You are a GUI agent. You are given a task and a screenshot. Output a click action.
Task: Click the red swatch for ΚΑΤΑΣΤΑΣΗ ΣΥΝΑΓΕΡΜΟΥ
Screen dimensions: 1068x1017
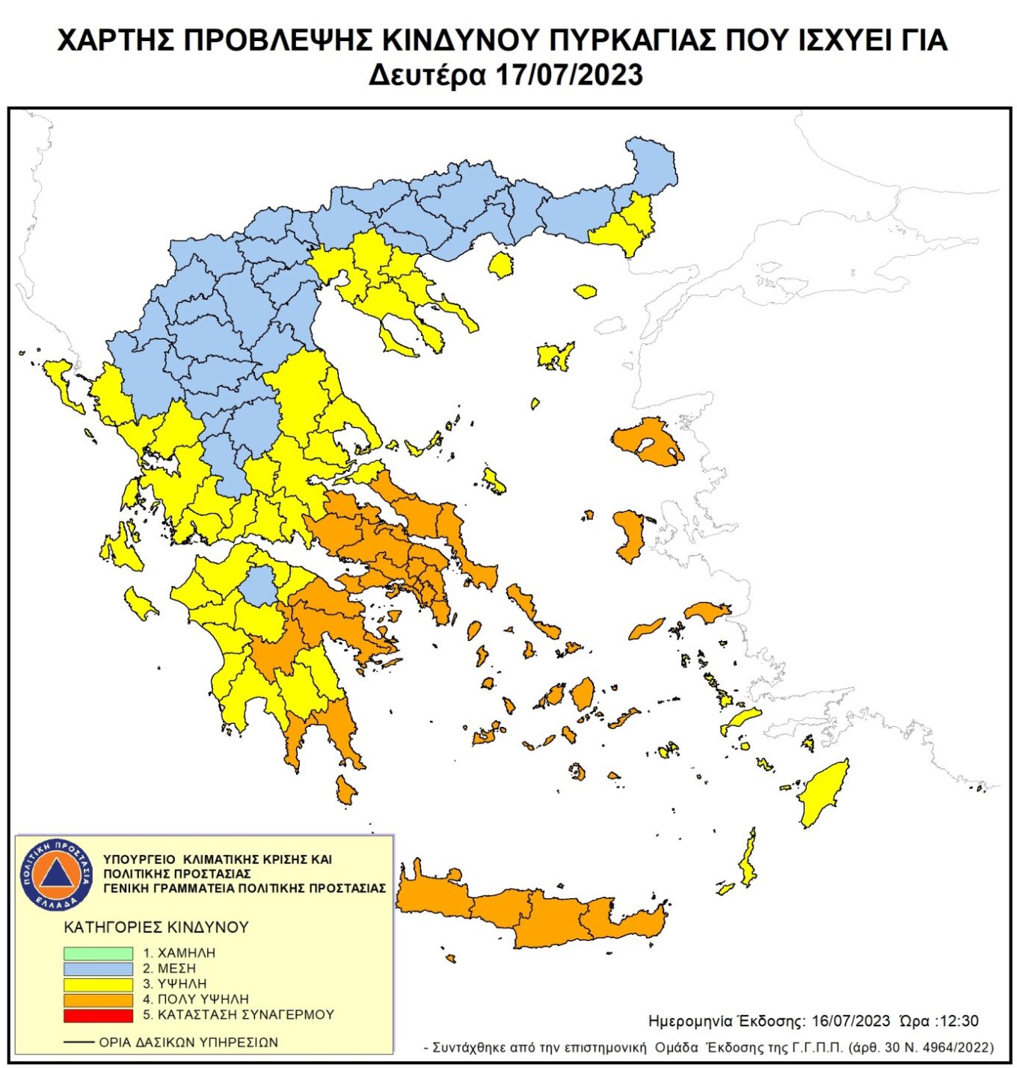98,1016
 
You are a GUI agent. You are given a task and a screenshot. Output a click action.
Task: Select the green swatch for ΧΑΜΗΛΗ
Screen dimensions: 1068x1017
98,954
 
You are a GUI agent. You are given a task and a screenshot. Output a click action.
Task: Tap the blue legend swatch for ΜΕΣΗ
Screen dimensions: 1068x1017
98,969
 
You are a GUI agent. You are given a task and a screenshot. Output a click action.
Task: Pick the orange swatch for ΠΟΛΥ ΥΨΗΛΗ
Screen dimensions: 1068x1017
98,1000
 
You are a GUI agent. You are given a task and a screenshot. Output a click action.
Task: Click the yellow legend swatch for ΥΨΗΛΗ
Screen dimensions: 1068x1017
98,984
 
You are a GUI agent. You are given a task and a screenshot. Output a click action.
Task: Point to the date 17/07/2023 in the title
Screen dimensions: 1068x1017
568,76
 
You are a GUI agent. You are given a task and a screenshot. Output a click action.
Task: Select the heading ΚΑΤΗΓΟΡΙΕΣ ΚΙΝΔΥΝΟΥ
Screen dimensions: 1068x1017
156,927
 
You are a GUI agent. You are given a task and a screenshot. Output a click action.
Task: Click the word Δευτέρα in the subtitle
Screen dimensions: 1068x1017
427,76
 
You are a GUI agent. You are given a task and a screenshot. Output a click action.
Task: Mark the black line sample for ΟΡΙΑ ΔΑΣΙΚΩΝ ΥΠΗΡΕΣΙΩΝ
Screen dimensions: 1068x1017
79,1042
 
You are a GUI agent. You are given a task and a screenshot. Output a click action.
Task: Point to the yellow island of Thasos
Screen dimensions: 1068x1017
500,265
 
